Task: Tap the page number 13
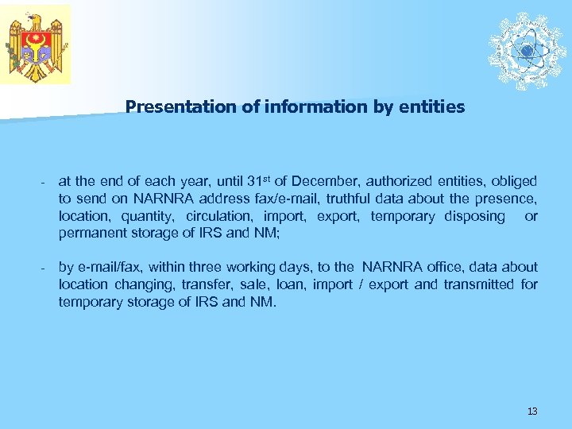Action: coord(532,411)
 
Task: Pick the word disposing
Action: coord(472,216)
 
